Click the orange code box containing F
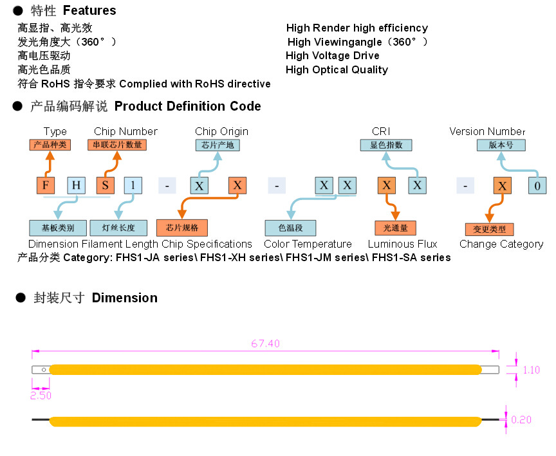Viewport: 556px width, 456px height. (45, 185)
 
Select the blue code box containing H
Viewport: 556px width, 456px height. (77, 185)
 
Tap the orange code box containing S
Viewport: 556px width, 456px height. (105, 185)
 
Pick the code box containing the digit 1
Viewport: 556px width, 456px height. (133, 185)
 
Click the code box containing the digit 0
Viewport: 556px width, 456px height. (537, 186)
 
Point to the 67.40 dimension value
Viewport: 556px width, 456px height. (265, 344)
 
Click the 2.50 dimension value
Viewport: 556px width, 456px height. (41, 396)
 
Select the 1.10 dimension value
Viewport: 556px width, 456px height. (532, 370)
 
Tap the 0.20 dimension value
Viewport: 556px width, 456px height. (521, 420)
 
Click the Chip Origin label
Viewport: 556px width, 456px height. (221, 132)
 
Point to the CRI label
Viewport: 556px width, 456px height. (381, 132)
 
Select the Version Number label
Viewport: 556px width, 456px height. (487, 132)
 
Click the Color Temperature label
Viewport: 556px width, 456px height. (308, 244)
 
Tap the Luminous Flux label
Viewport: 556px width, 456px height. (402, 244)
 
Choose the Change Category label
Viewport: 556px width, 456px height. (501, 244)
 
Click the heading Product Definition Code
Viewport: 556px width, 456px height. (188, 107)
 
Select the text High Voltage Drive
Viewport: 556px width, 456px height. (333, 56)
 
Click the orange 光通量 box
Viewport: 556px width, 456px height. (396, 228)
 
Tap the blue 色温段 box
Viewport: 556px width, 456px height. (291, 228)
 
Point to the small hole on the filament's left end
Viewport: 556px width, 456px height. (43, 370)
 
